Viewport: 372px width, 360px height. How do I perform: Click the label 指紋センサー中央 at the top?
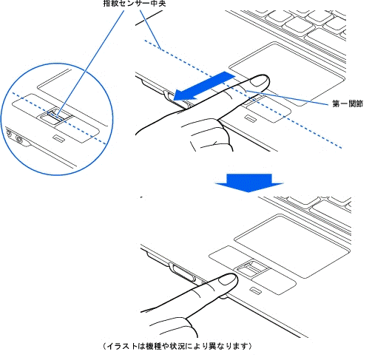click(135, 4)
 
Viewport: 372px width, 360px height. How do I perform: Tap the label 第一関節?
click(348, 103)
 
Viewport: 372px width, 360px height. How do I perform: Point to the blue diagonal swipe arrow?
click(205, 86)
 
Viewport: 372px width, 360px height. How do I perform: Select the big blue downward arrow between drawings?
click(249, 183)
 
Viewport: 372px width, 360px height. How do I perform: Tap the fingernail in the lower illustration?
click(228, 280)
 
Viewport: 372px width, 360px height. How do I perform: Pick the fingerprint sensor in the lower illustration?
click(252, 268)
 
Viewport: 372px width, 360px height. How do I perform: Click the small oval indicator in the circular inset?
click(59, 138)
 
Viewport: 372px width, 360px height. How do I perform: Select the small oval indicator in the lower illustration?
click(256, 291)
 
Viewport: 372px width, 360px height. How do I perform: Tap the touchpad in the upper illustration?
click(287, 73)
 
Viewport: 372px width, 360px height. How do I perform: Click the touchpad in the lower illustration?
click(292, 246)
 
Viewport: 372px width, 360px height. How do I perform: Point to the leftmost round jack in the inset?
click(9, 133)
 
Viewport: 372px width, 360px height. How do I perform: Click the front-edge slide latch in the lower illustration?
click(183, 273)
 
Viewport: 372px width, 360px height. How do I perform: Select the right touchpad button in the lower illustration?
click(274, 282)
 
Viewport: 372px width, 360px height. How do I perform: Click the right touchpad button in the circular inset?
click(77, 129)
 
